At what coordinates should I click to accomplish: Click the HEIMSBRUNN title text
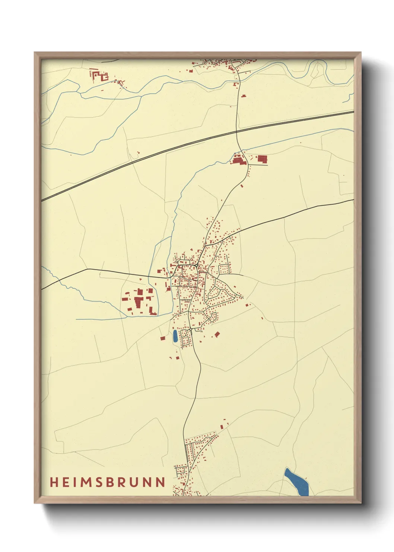108,482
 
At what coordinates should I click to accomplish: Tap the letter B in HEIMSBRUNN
109,482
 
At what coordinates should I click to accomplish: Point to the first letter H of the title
54,482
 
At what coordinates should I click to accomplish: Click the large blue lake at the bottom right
297,482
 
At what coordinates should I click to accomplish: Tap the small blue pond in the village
175,336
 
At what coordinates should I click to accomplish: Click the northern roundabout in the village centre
196,265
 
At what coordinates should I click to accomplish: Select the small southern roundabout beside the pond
190,330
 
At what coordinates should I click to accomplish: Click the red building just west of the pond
162,338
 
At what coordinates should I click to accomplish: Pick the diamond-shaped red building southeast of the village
217,334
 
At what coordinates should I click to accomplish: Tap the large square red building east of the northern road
262,159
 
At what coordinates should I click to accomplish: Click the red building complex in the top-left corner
99,75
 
